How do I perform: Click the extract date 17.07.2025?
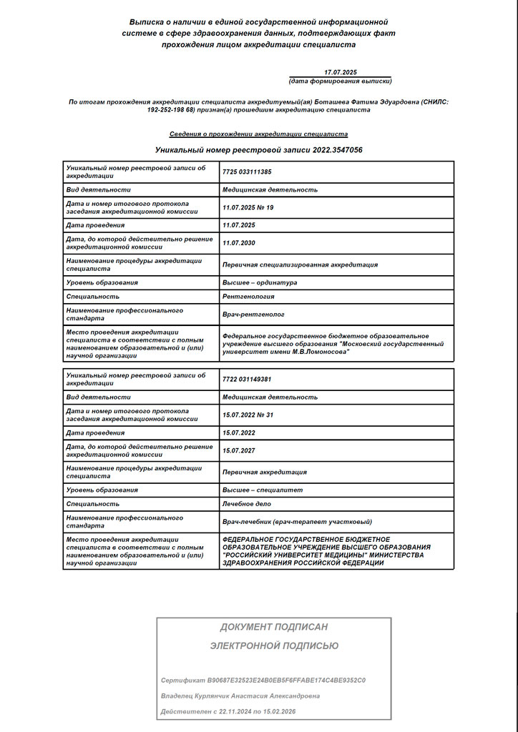[x=340, y=72]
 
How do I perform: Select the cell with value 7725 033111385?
[x=247, y=172]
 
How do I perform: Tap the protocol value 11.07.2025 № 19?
[x=248, y=207]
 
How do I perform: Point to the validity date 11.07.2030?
[x=239, y=243]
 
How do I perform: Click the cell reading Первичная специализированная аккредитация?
[x=300, y=264]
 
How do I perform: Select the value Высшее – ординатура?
[x=259, y=282]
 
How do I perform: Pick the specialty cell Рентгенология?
[x=248, y=296]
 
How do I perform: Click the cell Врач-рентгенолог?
[x=253, y=314]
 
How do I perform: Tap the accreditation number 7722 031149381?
[x=247, y=379]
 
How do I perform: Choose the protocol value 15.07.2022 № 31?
[x=248, y=415]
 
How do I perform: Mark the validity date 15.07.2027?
[x=239, y=450]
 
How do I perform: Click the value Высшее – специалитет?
[x=263, y=490]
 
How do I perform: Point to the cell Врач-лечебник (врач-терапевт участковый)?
[x=297, y=522]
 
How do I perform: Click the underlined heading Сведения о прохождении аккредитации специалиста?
[x=258, y=134]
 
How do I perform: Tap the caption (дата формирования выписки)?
[x=340, y=81]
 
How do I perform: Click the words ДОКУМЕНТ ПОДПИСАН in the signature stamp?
[x=274, y=627]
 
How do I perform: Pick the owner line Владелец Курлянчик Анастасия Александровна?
[x=240, y=696]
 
